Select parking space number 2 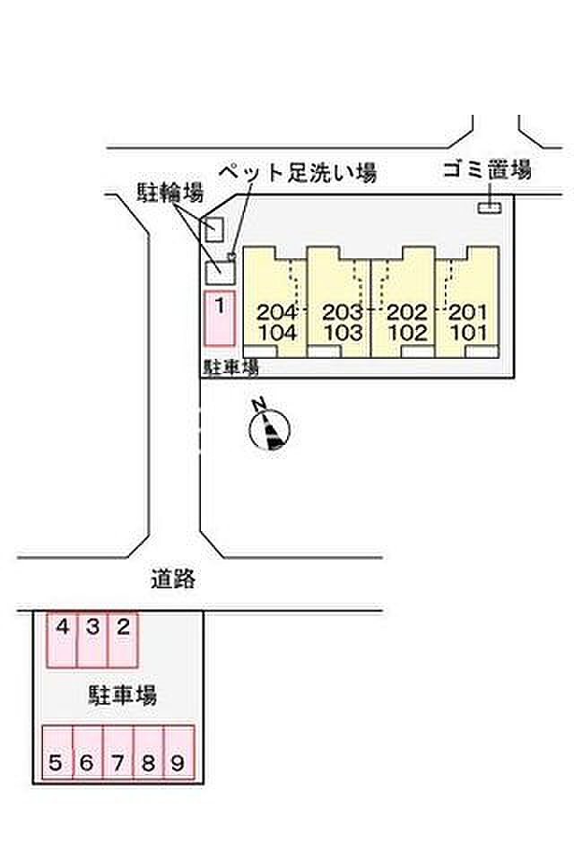[x=124, y=640]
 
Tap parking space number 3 [x=93, y=640]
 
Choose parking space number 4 [x=62, y=640]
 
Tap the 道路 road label [x=173, y=580]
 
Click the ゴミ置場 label [x=488, y=170]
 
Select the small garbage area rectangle [x=490, y=208]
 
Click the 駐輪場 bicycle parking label [x=170, y=192]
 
